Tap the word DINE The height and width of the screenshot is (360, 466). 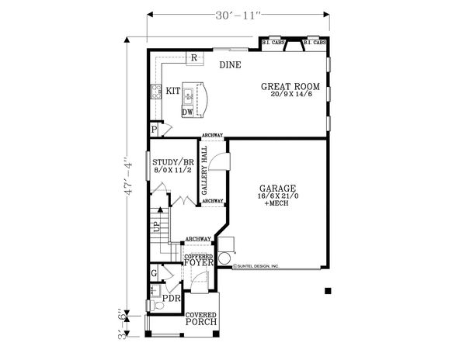[x=230, y=65]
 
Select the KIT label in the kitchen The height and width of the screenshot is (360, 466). [x=173, y=91]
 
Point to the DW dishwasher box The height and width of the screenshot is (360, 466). [x=187, y=112]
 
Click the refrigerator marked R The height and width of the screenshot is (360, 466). [x=193, y=58]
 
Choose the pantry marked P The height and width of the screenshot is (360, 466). [x=155, y=129]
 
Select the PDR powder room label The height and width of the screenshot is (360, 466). [x=171, y=296]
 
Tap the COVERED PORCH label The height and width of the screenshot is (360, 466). [x=200, y=319]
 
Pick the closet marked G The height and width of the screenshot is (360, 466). [x=155, y=273]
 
